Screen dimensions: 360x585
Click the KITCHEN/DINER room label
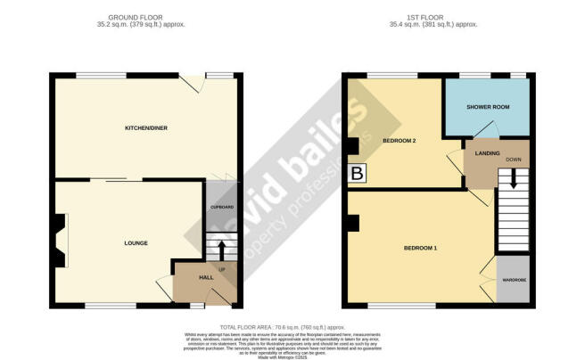[145, 128]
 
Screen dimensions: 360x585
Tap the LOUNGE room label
[136, 243]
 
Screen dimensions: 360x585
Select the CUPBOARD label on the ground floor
[220, 207]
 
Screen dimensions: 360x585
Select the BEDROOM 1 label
[421, 247]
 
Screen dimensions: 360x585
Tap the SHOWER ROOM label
[488, 107]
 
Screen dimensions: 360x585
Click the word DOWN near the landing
[514, 160]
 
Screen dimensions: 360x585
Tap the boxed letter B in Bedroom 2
[358, 175]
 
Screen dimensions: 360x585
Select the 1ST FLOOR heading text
[436, 17]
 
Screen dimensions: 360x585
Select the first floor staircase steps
[513, 209]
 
